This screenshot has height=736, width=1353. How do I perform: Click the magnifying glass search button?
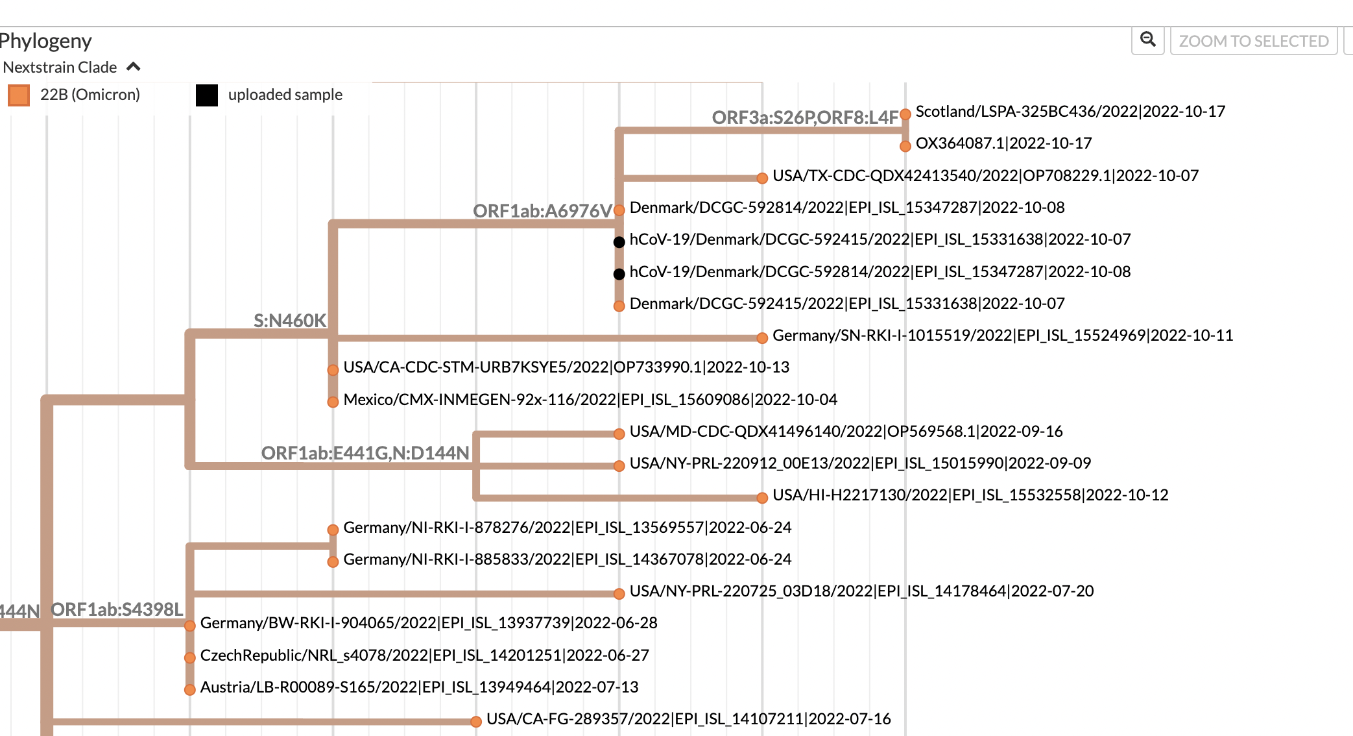click(1148, 40)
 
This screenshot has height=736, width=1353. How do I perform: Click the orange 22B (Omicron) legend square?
click(19, 95)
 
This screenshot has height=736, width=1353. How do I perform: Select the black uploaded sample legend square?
click(207, 95)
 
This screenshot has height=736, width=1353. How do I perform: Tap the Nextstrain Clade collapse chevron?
click(134, 67)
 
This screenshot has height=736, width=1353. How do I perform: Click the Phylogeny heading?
click(45, 41)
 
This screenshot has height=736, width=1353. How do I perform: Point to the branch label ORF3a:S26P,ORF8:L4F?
click(805, 117)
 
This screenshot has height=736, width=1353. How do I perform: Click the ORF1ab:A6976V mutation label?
click(542, 211)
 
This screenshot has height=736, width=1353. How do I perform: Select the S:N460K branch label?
click(290, 321)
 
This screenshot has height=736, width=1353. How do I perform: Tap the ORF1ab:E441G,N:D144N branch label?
click(365, 453)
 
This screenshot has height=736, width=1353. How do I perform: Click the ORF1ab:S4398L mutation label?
click(117, 609)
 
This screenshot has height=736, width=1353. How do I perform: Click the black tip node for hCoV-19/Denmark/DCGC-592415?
click(619, 242)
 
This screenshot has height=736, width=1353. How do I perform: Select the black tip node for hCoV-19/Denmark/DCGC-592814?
click(619, 274)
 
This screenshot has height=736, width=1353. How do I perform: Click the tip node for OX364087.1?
click(905, 146)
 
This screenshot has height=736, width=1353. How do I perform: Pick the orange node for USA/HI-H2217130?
click(762, 498)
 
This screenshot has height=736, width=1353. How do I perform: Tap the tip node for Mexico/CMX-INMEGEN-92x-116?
click(333, 402)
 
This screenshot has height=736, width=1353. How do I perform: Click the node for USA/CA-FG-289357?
click(476, 722)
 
